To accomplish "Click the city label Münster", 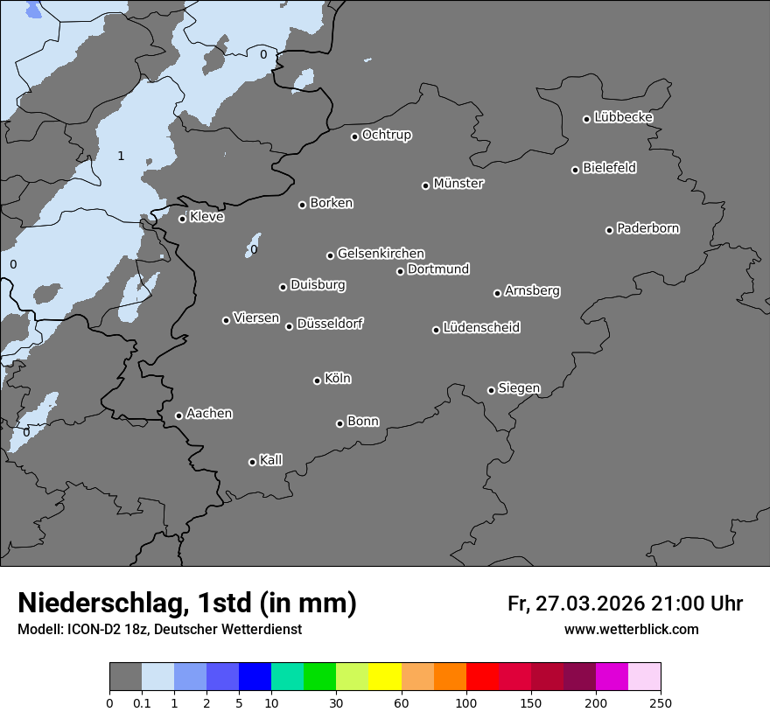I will coord(458,184).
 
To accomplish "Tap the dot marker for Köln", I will coord(317,380).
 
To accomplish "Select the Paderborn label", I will coord(648,228).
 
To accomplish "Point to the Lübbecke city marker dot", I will coord(587,119).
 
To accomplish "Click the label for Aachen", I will coord(209,413).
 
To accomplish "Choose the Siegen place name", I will coord(519,387).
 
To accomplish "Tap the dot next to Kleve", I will coord(182,219).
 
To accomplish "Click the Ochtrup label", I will coord(387,135).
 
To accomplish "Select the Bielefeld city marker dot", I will coord(576,170).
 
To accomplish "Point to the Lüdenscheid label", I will coord(481,327).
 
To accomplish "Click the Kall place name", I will coord(271,459).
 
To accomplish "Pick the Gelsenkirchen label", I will coord(381,254).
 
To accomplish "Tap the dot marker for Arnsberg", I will coord(497,293).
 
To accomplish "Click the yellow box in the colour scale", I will coord(385,677).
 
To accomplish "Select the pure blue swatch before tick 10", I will coord(255,677).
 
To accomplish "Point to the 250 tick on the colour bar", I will coord(661,702).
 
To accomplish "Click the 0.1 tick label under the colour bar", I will coord(142,702).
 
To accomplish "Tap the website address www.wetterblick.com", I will coord(632,630).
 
